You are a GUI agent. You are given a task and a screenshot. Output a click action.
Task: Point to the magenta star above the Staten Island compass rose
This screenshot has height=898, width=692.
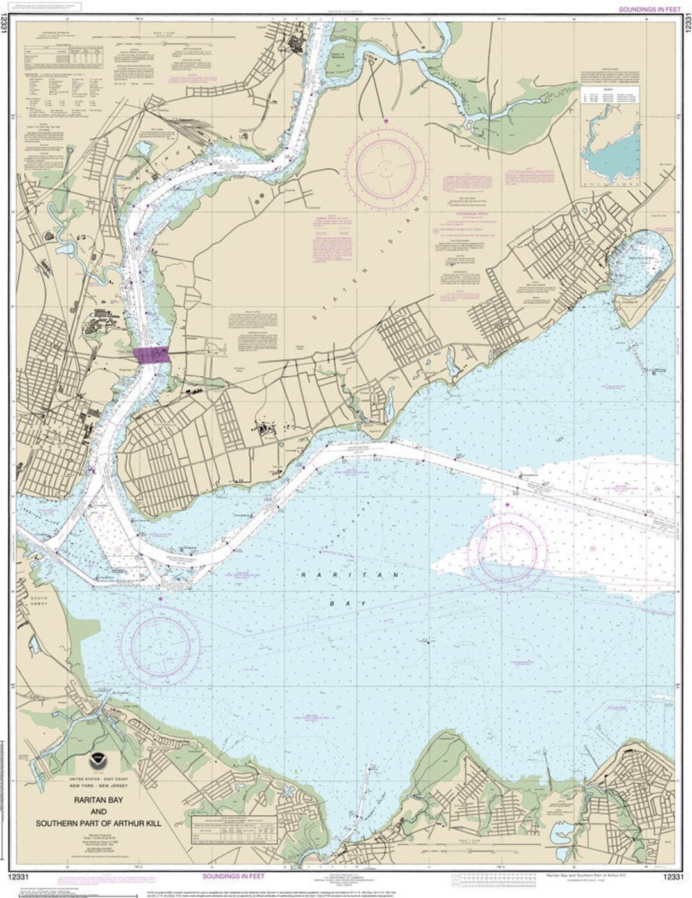386,120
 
